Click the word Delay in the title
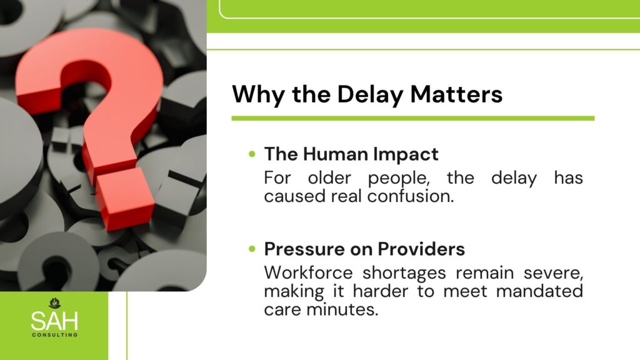[x=370, y=95]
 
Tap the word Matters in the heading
[x=456, y=94]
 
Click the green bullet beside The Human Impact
[x=252, y=154]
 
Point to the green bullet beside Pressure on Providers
[x=252, y=249]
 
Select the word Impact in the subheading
[x=406, y=155]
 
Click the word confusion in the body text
[x=411, y=196]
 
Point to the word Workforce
[x=308, y=272]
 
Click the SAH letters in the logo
[x=54, y=321]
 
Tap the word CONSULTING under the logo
[x=55, y=335]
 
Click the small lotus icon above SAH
[x=55, y=303]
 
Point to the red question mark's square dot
[x=125, y=198]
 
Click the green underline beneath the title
[x=413, y=118]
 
